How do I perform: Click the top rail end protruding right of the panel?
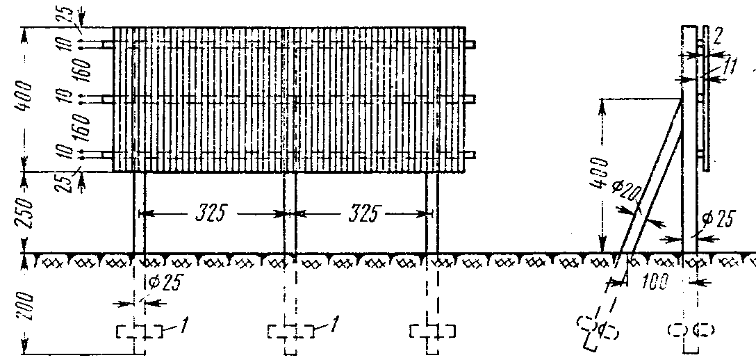coord(471,44)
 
